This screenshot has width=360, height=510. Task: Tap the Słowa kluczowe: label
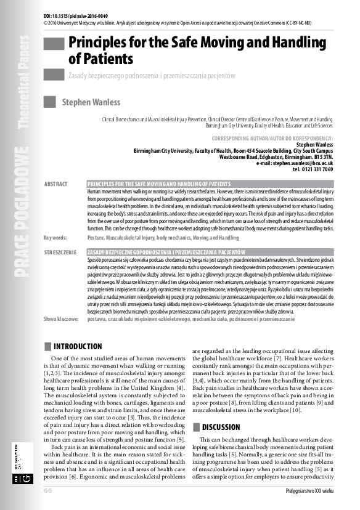coord(62,320)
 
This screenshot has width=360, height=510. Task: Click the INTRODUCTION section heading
coord(78,347)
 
